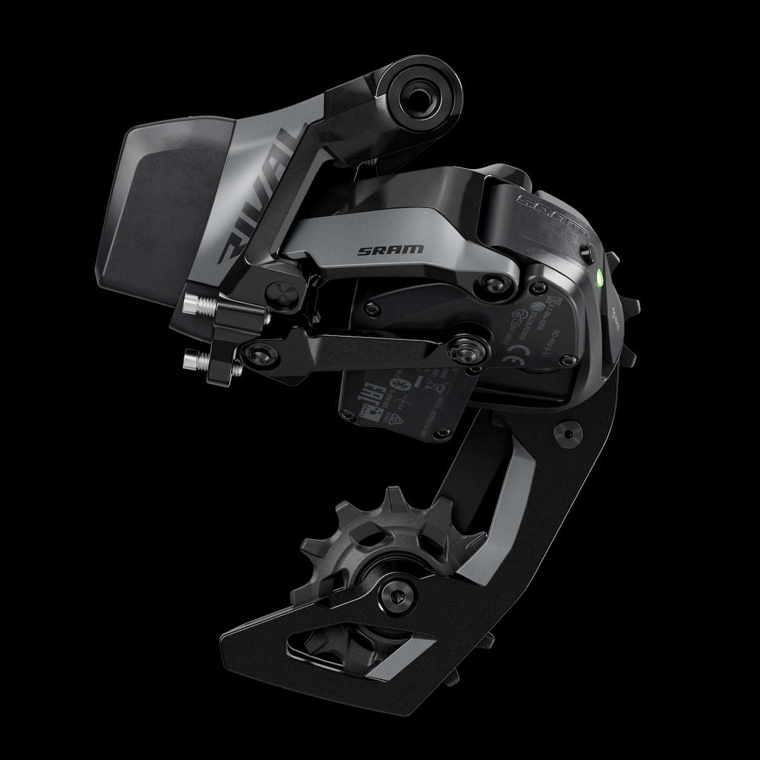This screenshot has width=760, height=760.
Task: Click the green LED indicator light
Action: pos(600,276)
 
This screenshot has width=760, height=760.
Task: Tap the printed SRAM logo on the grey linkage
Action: pos(382,250)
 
